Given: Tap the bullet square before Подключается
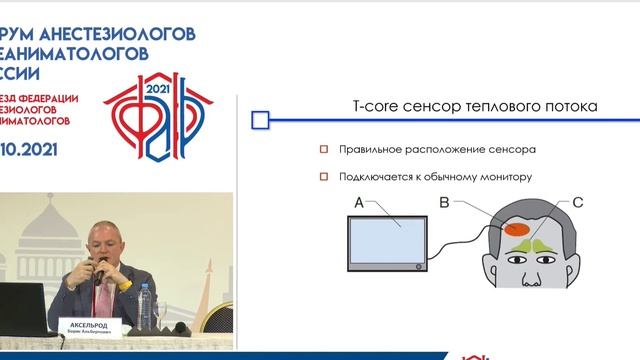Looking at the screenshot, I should [x=323, y=177].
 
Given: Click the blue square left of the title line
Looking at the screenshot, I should [x=260, y=121].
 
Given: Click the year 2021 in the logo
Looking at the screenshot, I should [x=159, y=89].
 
